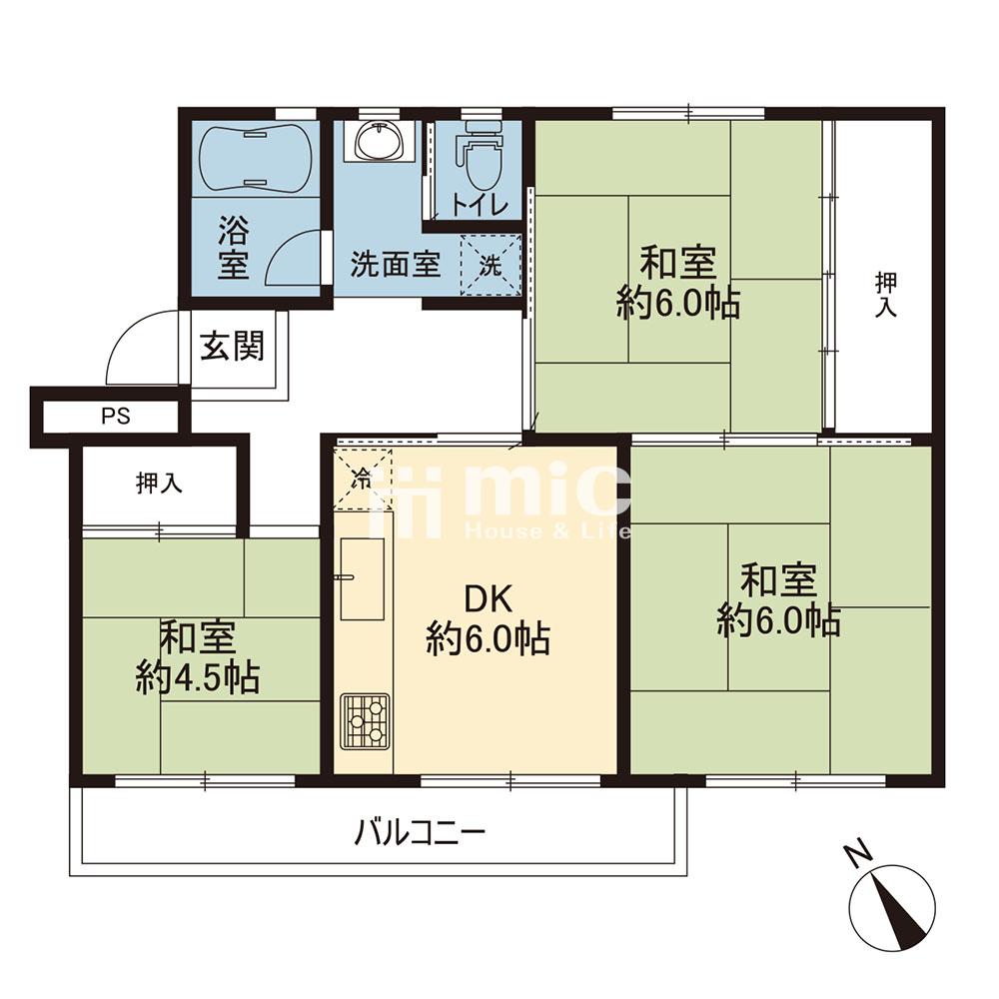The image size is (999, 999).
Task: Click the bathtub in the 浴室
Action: point(257,158)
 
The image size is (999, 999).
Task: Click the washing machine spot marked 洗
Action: point(491,265)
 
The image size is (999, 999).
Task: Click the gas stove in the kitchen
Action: point(364,720)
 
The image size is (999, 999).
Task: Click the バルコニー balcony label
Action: point(419,830)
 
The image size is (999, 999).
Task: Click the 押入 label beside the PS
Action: point(159,485)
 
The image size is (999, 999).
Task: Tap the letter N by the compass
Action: point(855,855)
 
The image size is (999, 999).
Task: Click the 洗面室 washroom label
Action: point(395,265)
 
